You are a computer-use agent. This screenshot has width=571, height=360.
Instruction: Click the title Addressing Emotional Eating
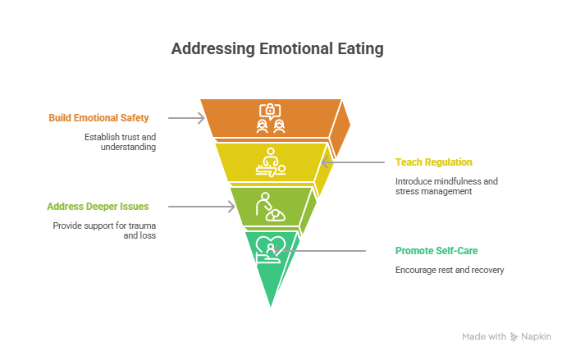tap(276, 49)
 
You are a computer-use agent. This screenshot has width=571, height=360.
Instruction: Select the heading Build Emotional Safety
tap(98, 118)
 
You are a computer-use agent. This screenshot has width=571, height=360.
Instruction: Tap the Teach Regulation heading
tap(433, 162)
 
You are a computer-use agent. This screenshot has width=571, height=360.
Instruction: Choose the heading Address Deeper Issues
tap(98, 207)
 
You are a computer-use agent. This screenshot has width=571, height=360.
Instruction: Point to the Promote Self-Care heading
tap(436, 250)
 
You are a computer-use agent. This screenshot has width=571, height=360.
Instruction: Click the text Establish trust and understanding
tap(120, 143)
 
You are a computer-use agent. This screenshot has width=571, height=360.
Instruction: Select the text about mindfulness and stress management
tap(446, 186)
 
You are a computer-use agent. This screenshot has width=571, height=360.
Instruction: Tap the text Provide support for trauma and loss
tap(105, 230)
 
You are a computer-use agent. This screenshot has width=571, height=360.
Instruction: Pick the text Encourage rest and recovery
tap(449, 270)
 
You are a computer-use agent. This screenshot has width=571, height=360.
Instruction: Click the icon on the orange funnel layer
tap(271, 118)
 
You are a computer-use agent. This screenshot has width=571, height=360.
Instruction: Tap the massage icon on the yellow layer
tap(271, 162)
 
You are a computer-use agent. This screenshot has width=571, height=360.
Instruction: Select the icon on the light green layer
tap(270, 206)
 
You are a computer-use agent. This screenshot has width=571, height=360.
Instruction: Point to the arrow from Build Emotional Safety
tap(190, 118)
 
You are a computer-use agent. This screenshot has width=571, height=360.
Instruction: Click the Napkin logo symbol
tap(514, 336)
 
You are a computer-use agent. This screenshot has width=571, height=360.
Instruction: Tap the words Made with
tap(484, 336)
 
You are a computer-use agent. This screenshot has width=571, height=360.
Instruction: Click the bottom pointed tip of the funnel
tap(271, 308)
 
